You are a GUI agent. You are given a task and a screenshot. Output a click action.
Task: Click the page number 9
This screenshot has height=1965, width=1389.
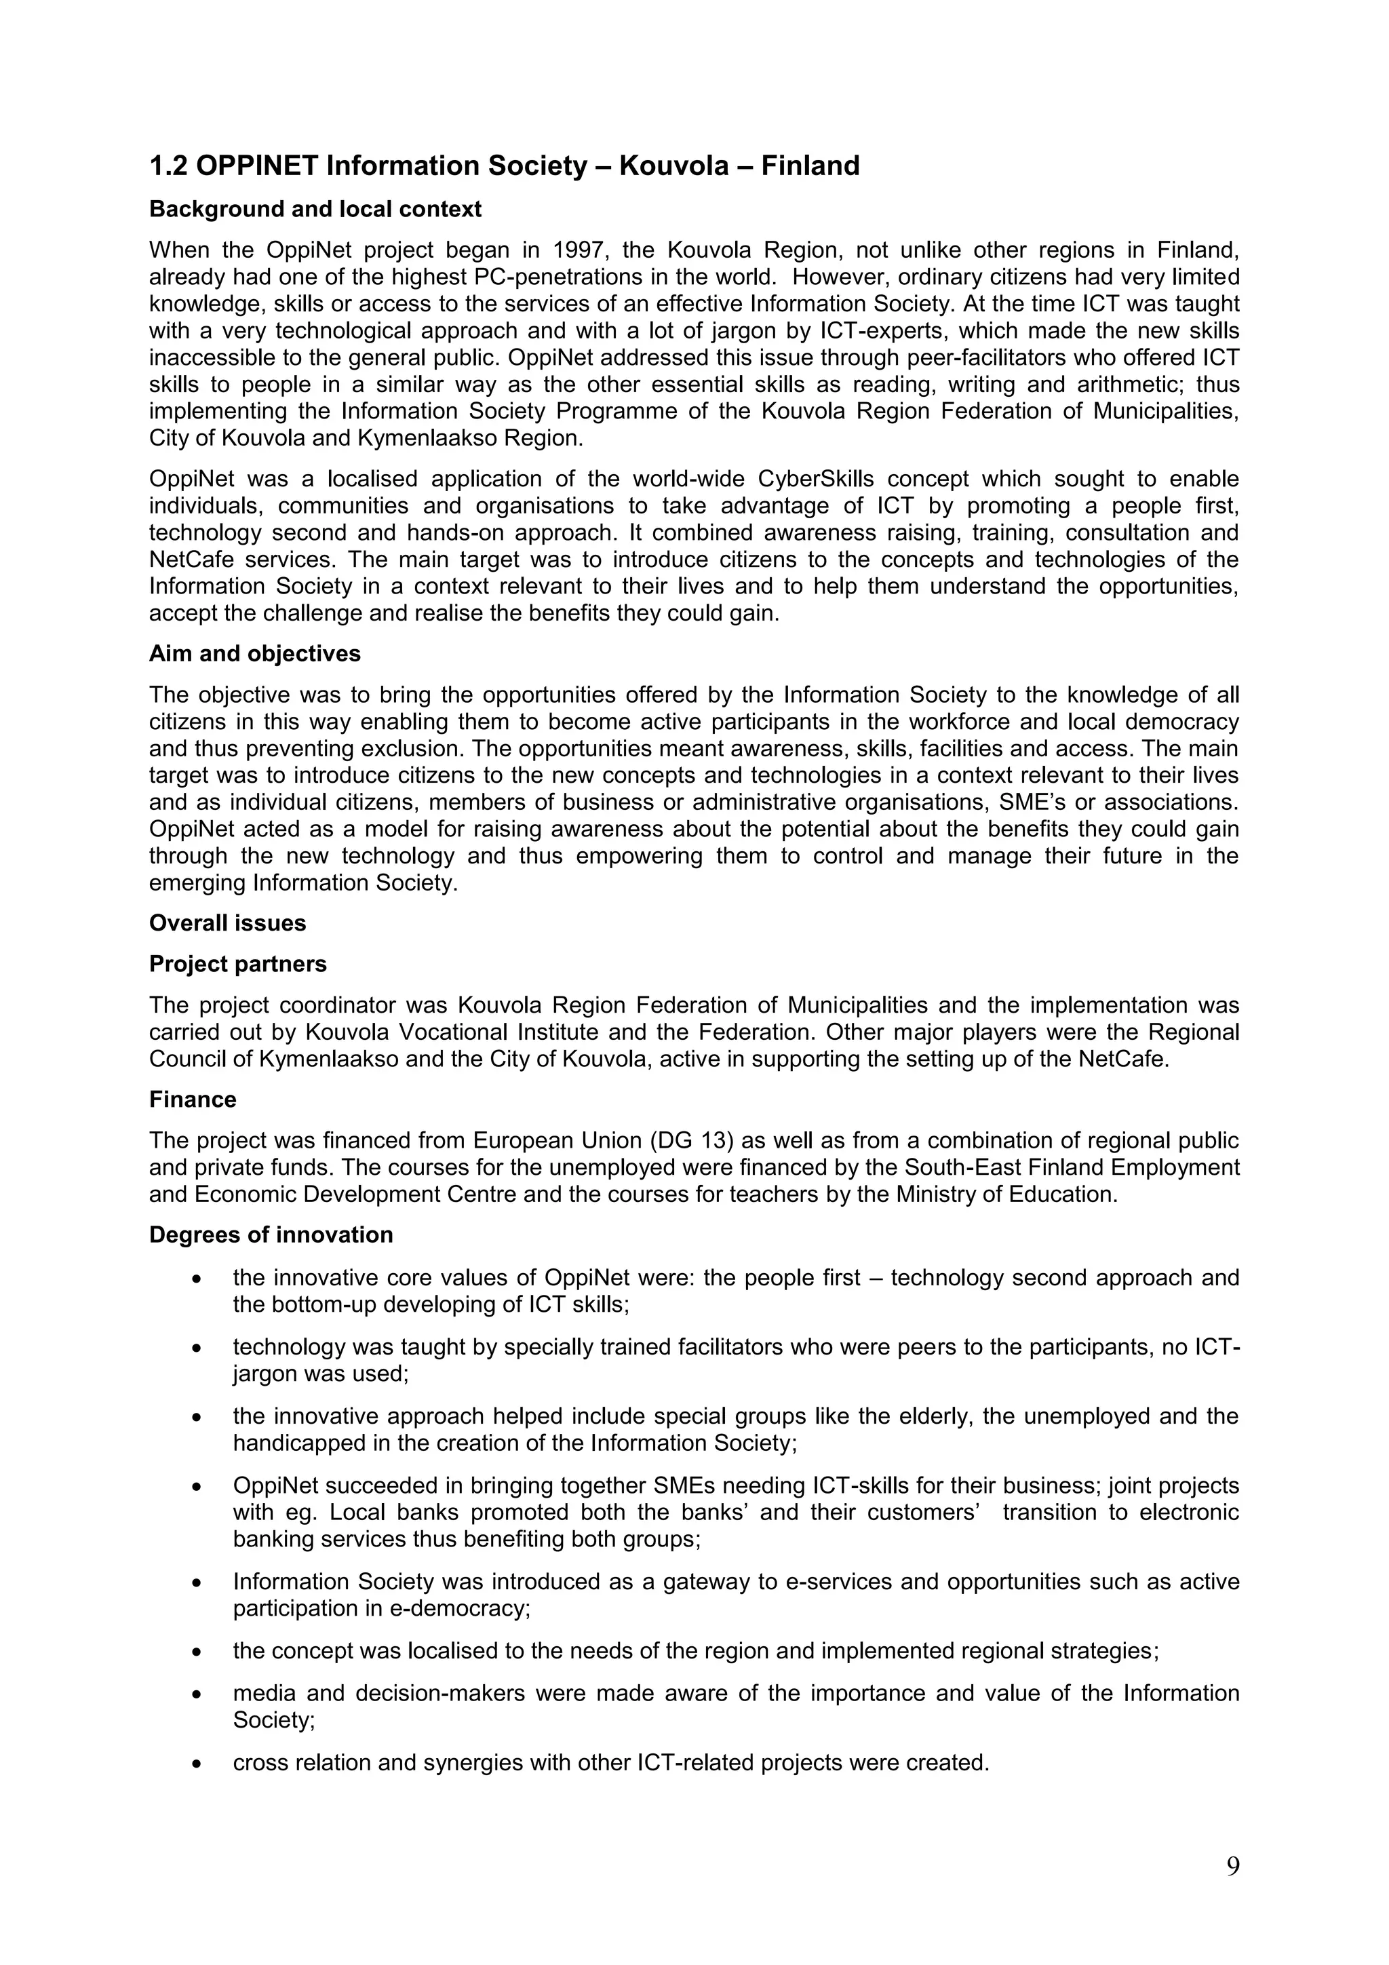point(1232,1866)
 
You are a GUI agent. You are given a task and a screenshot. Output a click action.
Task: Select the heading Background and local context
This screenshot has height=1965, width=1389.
point(315,210)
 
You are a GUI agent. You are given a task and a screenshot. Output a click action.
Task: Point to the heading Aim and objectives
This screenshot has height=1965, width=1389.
point(254,654)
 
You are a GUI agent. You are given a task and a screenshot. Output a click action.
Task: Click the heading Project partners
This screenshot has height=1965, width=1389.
point(237,965)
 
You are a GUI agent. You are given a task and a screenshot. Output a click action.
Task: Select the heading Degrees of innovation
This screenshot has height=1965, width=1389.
point(271,1235)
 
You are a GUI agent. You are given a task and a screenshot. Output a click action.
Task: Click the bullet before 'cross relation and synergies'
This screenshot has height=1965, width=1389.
point(197,1764)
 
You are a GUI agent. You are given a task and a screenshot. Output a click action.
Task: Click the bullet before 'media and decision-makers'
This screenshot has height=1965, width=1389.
point(197,1694)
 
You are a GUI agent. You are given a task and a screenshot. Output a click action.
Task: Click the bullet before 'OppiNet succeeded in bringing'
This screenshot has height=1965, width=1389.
point(197,1487)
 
